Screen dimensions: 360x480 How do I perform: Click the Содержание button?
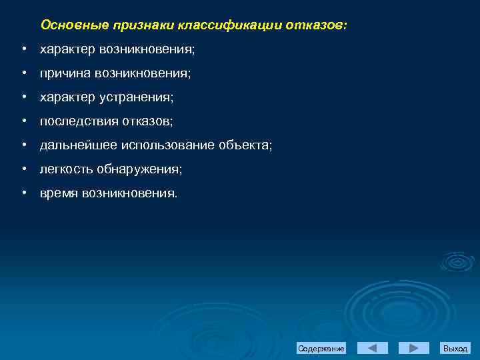tap(321, 349)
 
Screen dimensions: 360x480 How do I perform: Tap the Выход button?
tap(455, 349)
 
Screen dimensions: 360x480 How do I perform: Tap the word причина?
tap(65, 73)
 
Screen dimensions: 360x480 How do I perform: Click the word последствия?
tap(79, 121)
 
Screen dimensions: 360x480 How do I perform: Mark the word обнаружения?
tap(139, 169)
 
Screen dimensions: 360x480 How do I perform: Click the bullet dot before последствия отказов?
tap(23, 121)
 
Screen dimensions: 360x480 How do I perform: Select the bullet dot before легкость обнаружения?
tap(23, 169)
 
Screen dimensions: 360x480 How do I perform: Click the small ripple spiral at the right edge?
tap(457, 262)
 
